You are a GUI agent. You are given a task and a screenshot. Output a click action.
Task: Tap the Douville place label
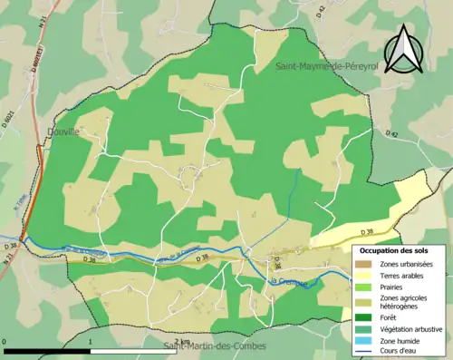[x=63, y=131]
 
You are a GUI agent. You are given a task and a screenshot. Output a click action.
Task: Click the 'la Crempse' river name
[x=288, y=283]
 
